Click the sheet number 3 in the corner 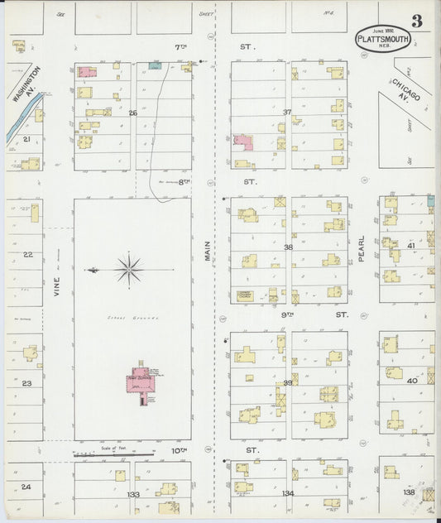click(x=417, y=22)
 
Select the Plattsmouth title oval click(x=381, y=39)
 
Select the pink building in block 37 click(x=242, y=142)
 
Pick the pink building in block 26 click(x=86, y=73)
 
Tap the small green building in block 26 click(x=154, y=65)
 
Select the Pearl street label click(x=362, y=248)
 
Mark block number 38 click(x=288, y=247)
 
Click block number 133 click(x=133, y=494)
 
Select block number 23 click(x=26, y=383)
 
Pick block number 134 click(x=287, y=494)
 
